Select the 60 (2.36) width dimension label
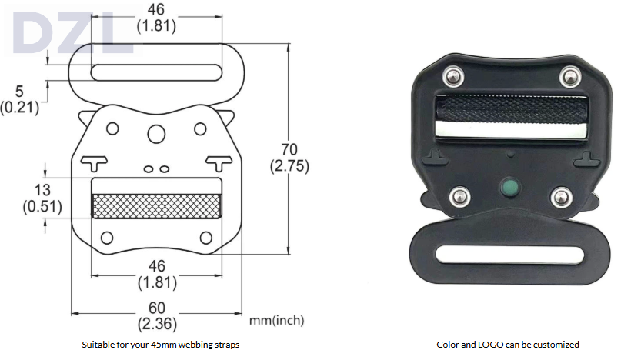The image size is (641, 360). [x=156, y=315]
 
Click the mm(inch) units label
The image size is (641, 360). [x=276, y=320]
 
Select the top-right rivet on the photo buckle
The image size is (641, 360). [x=569, y=75]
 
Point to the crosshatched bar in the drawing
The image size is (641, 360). [x=157, y=205]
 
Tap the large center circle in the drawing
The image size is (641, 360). [x=156, y=135]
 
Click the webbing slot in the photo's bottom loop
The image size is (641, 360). [x=508, y=254]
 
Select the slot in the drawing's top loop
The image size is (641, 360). [x=156, y=72]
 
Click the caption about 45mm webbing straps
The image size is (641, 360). [x=160, y=345]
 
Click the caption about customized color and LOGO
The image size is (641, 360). [x=508, y=345]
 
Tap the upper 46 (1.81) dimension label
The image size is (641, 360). [x=156, y=18]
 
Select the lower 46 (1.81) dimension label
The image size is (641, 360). [x=156, y=275]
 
